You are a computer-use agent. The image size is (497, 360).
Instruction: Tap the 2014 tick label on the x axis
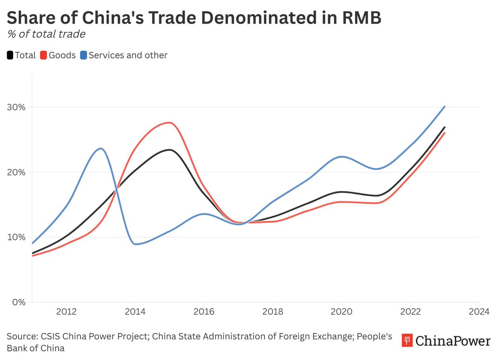click(135, 311)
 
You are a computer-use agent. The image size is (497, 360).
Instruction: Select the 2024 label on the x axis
click(479, 311)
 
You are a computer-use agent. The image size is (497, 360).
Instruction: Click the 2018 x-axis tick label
click(273, 311)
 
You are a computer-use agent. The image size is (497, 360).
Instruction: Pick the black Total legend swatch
click(10, 55)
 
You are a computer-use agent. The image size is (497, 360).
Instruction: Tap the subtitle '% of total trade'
click(46, 34)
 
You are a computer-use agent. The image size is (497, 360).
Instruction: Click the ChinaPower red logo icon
click(408, 341)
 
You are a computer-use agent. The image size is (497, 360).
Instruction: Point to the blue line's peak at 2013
click(100, 148)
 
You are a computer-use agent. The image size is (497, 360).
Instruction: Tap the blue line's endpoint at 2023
click(444, 106)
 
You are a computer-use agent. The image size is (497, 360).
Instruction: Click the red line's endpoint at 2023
click(444, 133)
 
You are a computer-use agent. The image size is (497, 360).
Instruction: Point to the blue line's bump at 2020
click(341, 157)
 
